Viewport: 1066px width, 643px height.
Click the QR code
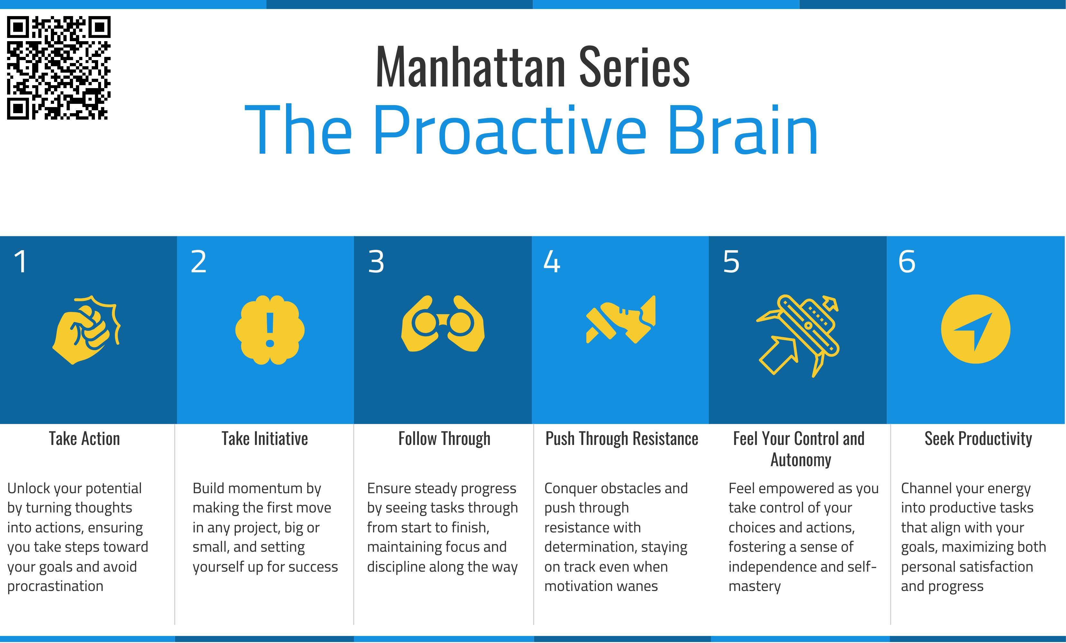[x=59, y=68]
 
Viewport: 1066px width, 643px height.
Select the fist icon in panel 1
[x=87, y=330]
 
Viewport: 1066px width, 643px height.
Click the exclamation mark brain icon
[x=270, y=330]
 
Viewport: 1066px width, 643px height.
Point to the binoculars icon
[x=443, y=323]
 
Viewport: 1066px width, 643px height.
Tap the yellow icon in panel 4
[x=621, y=319]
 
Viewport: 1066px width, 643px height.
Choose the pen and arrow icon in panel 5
[x=798, y=336]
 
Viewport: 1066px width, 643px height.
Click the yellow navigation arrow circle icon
[x=976, y=329]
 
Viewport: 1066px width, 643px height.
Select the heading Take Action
[x=84, y=439]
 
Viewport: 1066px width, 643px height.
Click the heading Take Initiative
[x=265, y=439]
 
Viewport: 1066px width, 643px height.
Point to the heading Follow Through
[x=444, y=439]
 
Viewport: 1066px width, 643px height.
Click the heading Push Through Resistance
[x=622, y=439]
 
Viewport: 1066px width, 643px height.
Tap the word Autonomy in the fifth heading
[x=801, y=460]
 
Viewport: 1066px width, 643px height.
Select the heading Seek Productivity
[x=978, y=439]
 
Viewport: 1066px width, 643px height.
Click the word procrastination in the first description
[x=55, y=586]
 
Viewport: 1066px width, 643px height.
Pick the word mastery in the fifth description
[x=755, y=586]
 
